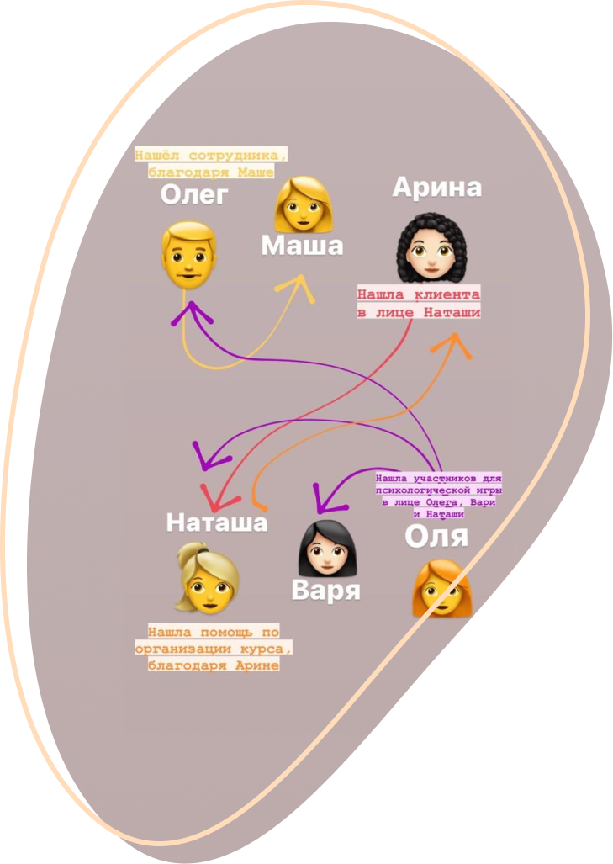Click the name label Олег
click(194, 197)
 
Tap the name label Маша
click(302, 246)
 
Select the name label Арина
click(436, 188)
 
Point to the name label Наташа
click(216, 522)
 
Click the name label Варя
click(325, 590)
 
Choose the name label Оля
click(436, 535)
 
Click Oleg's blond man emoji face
click(187, 253)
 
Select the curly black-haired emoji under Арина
click(430, 247)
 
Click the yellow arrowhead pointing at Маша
click(300, 285)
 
